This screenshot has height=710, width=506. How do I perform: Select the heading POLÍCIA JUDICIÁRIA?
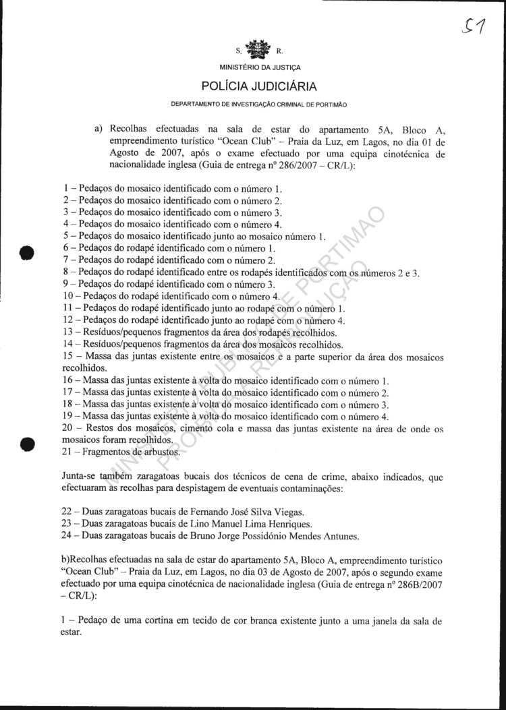[258, 87]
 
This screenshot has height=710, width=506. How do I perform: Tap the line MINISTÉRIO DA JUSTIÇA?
[260, 67]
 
